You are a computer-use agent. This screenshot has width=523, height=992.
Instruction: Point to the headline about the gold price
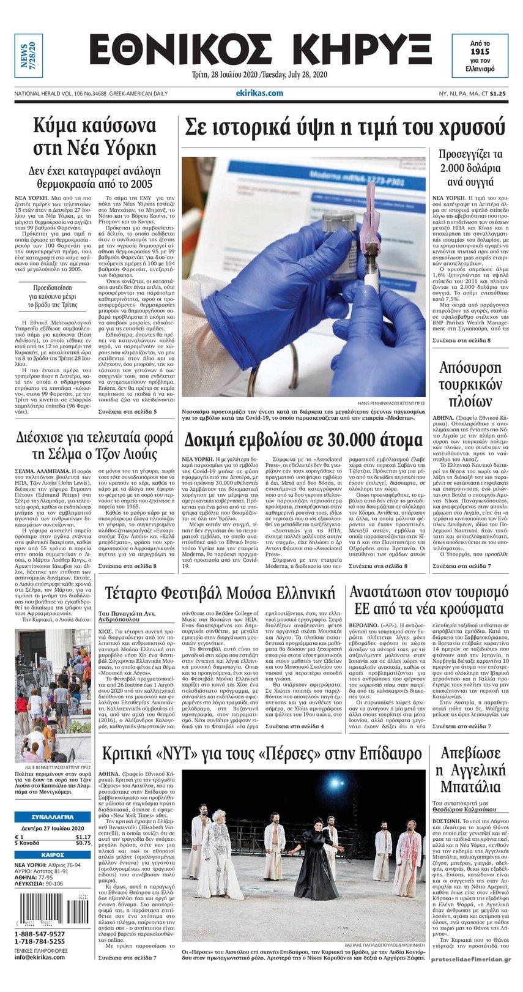(x=346, y=128)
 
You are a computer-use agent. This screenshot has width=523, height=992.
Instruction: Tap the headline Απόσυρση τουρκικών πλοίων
(x=468, y=384)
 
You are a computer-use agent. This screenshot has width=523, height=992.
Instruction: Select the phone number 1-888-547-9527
(x=39, y=934)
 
